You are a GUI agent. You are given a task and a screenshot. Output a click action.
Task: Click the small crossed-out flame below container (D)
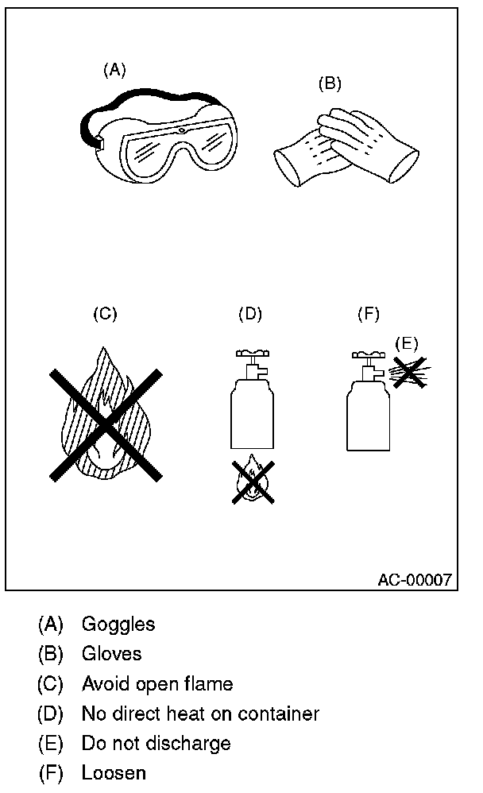(x=253, y=480)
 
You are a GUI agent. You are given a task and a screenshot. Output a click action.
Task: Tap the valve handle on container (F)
(x=368, y=353)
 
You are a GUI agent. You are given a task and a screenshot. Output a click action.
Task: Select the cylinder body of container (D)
(x=251, y=415)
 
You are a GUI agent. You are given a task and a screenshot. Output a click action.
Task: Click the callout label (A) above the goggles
(x=114, y=70)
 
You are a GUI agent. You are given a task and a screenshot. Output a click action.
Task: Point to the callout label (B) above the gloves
(x=329, y=82)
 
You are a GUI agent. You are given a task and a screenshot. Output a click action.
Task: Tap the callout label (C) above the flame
(x=105, y=313)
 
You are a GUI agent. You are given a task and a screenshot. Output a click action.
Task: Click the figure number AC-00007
(x=414, y=579)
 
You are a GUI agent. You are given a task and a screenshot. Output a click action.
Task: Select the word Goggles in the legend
(x=118, y=625)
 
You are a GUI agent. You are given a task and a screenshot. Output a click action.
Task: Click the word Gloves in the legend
(x=111, y=654)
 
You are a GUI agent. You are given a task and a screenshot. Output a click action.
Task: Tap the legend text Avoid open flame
(x=157, y=683)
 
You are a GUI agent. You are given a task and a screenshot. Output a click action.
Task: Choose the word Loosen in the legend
(x=114, y=772)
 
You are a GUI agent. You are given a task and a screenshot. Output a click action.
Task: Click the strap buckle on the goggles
(x=100, y=143)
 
